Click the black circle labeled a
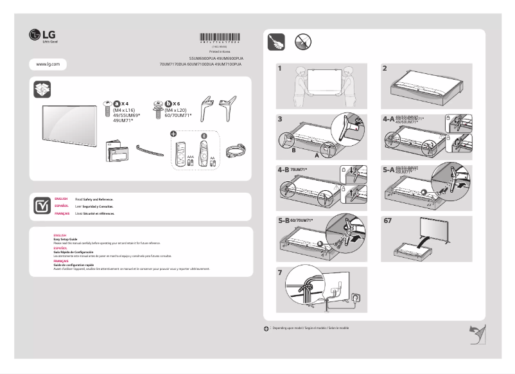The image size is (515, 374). [116, 103]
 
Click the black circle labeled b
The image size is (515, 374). [168, 103]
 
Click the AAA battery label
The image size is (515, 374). [190, 156]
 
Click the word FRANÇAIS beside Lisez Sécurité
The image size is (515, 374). [62, 212]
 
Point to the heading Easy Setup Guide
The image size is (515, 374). [65, 238]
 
